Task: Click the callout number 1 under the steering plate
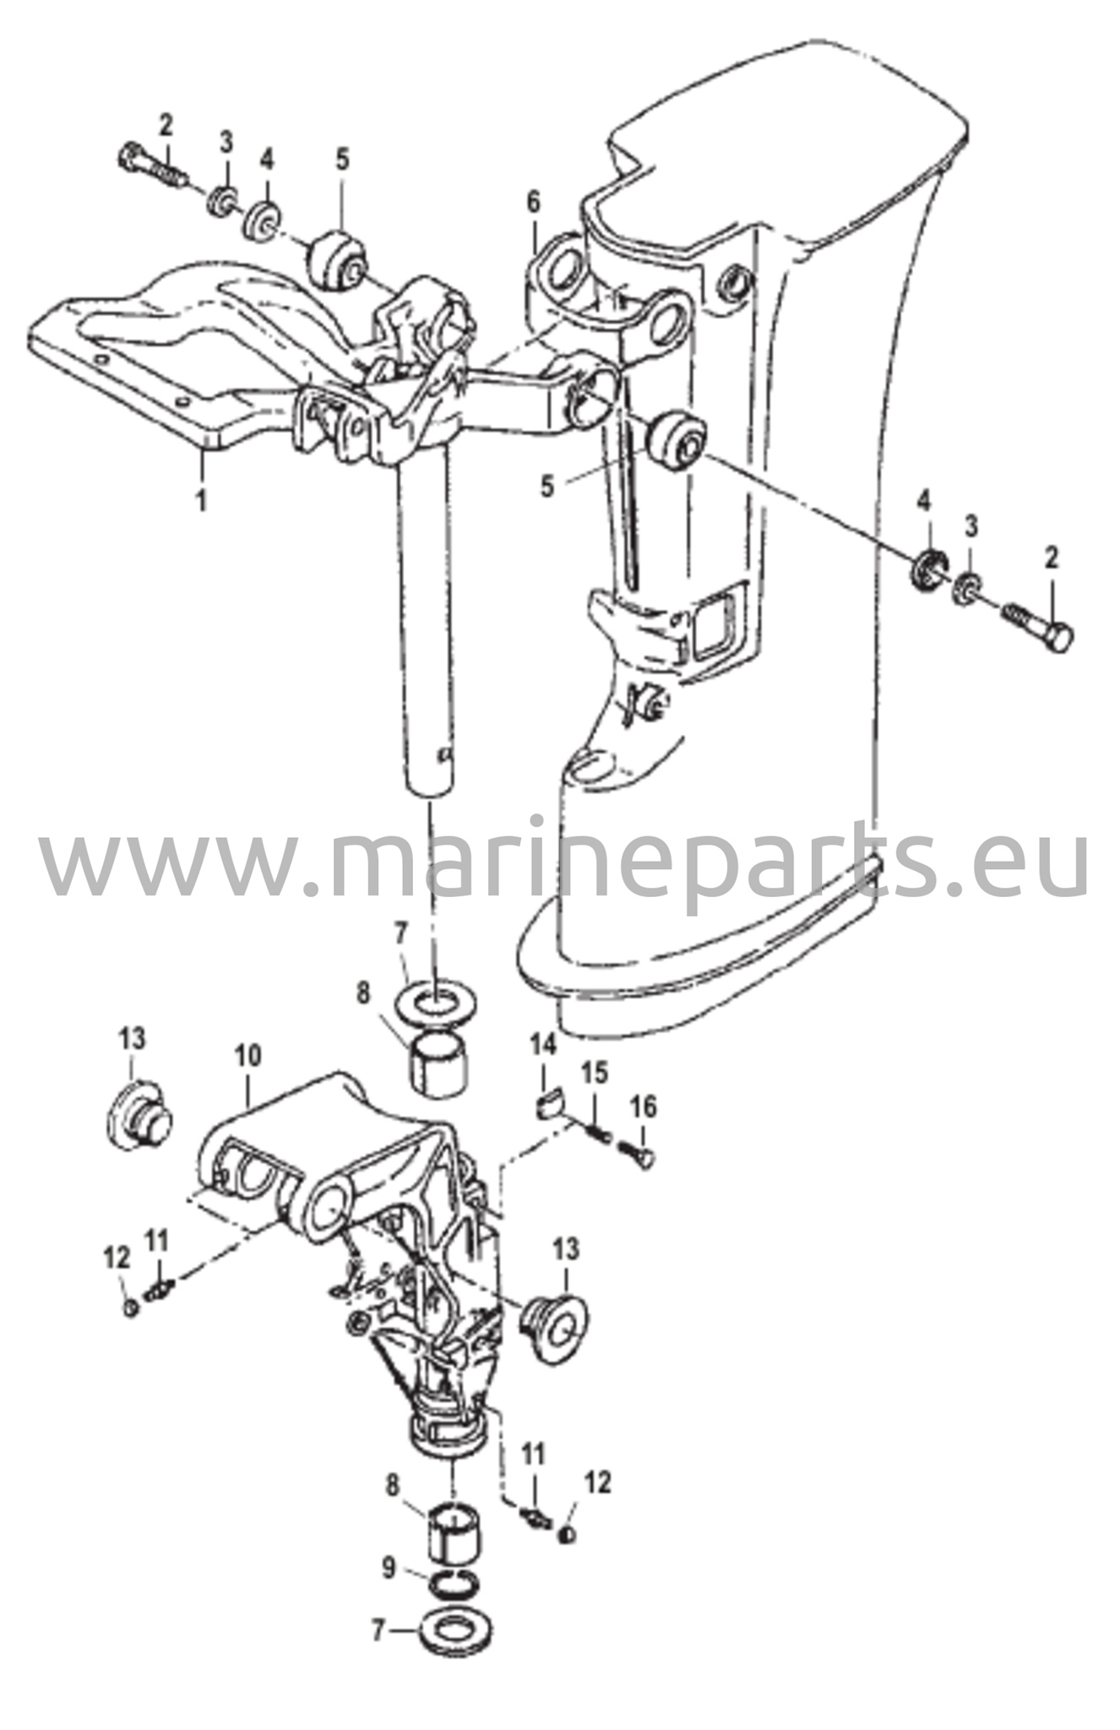pyautogui.click(x=201, y=499)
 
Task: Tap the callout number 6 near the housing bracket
pyautogui.click(x=533, y=203)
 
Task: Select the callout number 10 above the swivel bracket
pyautogui.click(x=248, y=1055)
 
